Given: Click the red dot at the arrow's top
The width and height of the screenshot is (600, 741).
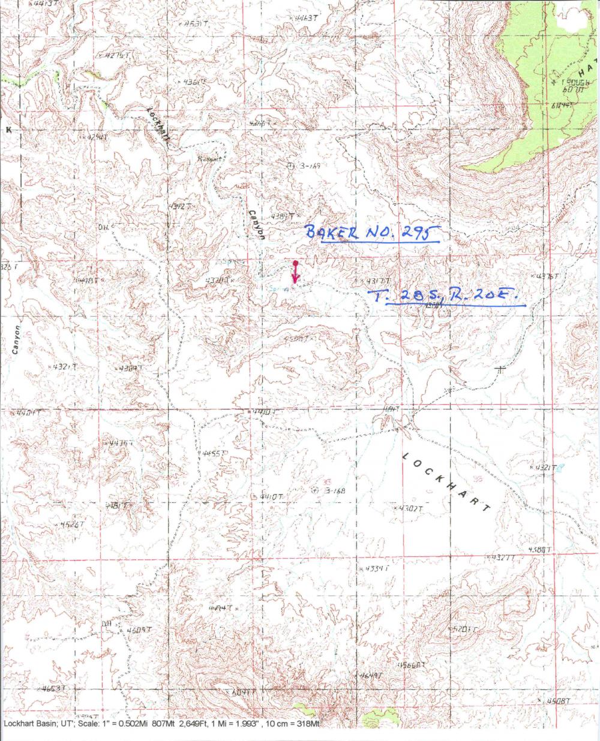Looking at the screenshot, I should (x=295, y=263).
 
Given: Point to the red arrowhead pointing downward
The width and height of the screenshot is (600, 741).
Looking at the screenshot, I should (x=295, y=279).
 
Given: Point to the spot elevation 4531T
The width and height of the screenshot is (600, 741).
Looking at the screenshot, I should (x=195, y=24).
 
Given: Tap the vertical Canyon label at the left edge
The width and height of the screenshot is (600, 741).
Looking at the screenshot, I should (x=17, y=340).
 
